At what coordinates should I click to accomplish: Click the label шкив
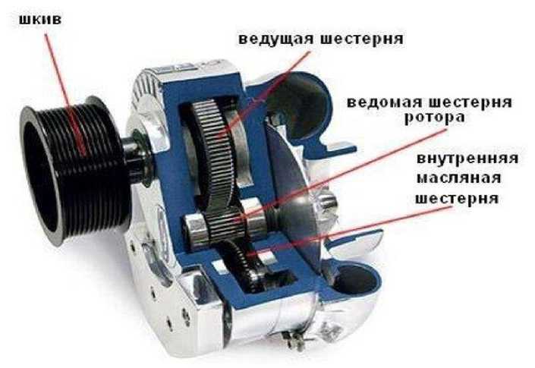click(x=40, y=20)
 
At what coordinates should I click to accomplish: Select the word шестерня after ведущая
click(x=362, y=39)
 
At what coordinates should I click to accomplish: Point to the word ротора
click(x=434, y=118)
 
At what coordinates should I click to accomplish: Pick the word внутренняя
click(x=467, y=159)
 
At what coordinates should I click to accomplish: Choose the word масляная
click(x=458, y=178)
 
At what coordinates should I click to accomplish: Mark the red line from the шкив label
click(x=65, y=94)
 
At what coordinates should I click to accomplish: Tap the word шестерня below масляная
click(x=457, y=198)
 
